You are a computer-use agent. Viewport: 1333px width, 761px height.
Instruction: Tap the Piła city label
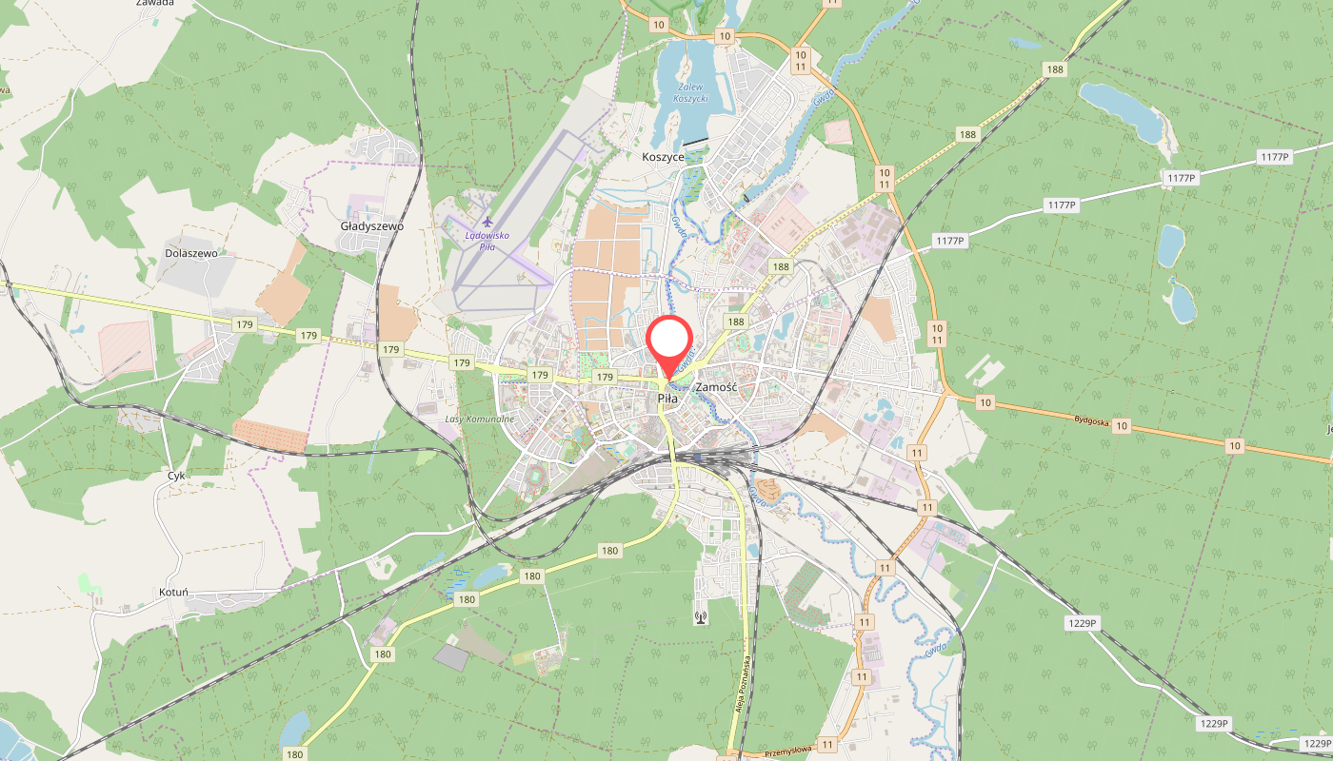667,400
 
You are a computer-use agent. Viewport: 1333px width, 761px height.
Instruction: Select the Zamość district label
717,387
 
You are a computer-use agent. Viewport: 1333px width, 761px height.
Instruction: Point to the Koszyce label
664,157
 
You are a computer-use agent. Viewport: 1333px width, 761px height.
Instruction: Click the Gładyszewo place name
372,226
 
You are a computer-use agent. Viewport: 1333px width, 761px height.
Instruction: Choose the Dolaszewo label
191,254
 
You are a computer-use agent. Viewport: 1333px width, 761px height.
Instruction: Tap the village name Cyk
176,475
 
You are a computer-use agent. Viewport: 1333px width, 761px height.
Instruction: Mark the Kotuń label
174,592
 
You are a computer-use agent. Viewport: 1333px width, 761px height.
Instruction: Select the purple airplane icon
487,223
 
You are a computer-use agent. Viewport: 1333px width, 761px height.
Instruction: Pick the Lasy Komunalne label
480,419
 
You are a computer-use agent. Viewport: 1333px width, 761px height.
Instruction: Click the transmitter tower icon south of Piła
701,616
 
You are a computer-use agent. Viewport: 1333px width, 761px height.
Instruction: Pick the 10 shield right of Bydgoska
1122,426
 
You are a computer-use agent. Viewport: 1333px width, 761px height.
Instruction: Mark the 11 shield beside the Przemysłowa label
826,745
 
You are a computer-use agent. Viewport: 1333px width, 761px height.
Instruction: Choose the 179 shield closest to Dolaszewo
244,325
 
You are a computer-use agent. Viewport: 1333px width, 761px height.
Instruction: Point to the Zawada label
154,3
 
